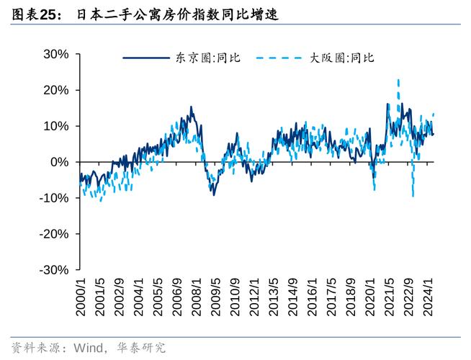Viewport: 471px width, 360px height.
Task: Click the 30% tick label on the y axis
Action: click(x=56, y=54)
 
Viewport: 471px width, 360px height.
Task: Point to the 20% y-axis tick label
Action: click(x=56, y=90)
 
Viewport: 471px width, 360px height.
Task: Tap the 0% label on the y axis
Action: click(x=59, y=162)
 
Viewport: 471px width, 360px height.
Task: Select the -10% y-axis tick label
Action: click(x=54, y=198)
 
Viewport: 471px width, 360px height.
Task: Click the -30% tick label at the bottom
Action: click(x=54, y=270)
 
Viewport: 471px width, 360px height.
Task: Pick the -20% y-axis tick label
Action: click(x=54, y=234)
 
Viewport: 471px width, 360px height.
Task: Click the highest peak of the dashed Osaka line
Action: click(x=398, y=80)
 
